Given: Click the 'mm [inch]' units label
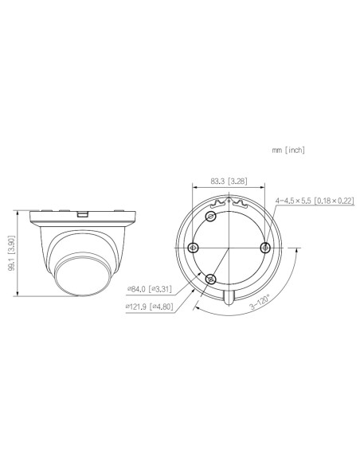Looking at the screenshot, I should click(x=288, y=150).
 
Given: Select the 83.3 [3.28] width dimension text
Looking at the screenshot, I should click(x=229, y=181).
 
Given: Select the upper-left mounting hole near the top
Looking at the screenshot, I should click(x=211, y=217).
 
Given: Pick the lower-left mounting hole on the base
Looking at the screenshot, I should click(x=211, y=278).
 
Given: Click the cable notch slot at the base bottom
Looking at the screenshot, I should click(x=229, y=296).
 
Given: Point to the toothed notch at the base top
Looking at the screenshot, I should click(x=229, y=205).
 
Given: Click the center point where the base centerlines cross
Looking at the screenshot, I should click(x=229, y=248).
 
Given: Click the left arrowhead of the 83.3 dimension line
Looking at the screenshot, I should click(x=194, y=188).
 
